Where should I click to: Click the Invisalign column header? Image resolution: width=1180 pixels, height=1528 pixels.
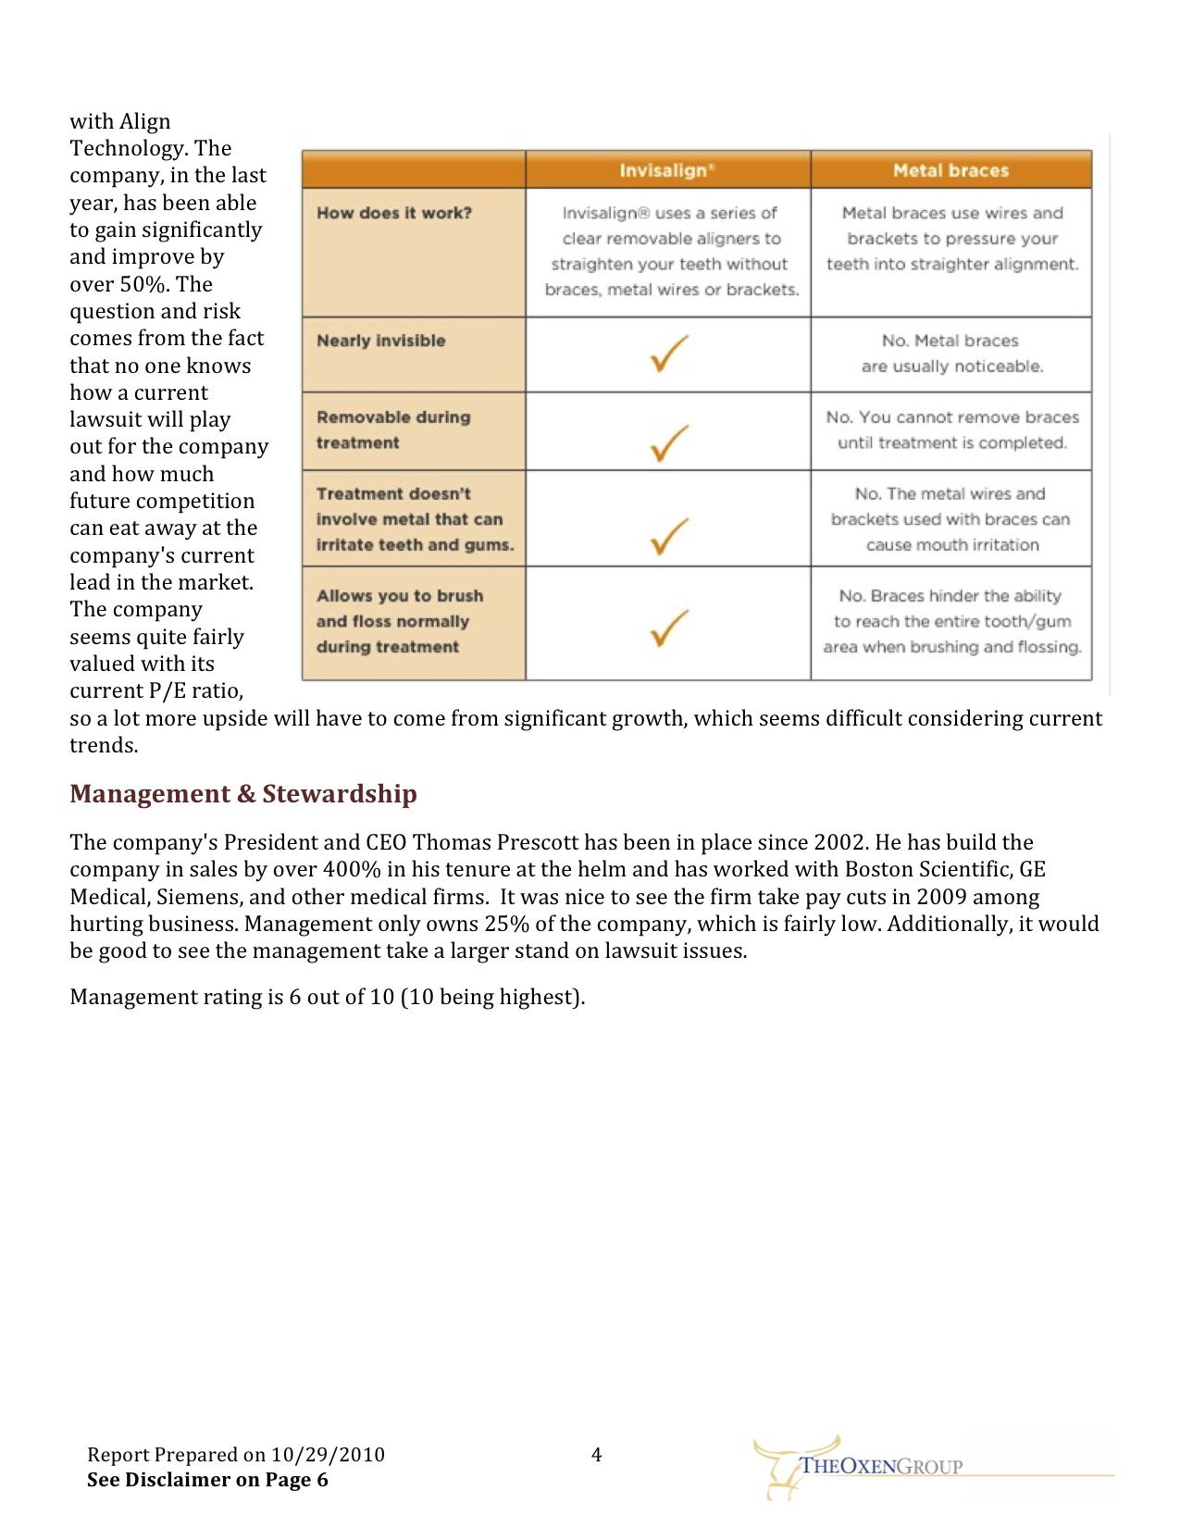coord(666,170)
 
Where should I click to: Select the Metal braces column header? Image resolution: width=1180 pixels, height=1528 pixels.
coord(950,170)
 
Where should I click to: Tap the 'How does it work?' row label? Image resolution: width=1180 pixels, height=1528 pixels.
coord(394,213)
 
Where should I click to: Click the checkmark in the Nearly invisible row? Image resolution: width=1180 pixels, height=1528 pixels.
coord(668,354)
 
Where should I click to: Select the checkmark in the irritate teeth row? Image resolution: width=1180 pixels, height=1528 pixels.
coord(668,536)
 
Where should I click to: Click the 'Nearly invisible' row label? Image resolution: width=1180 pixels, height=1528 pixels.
coord(380,341)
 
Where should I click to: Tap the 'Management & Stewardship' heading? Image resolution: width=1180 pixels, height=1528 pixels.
coord(243,794)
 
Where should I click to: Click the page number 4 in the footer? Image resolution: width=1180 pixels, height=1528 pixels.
coord(596,1455)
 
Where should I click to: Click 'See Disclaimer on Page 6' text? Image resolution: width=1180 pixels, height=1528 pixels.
coord(207,1479)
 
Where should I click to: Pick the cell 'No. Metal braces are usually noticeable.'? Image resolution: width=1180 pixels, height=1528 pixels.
coord(950,354)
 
